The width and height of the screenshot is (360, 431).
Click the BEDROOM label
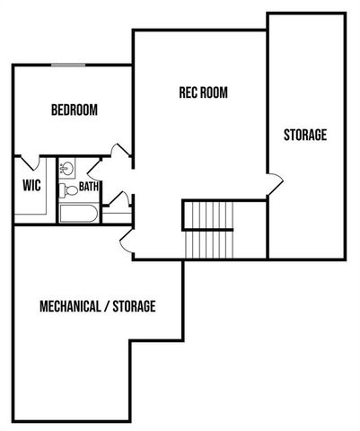(x=75, y=110)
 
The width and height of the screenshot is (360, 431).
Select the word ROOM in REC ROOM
(x=214, y=92)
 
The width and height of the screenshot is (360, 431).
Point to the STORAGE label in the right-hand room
(x=305, y=136)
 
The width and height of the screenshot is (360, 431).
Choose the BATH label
(x=90, y=188)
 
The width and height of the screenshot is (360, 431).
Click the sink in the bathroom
(x=66, y=169)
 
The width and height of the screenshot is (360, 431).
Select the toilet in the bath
(x=68, y=189)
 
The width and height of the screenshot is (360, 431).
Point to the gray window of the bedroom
(x=69, y=65)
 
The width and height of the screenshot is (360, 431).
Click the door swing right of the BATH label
(x=115, y=199)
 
